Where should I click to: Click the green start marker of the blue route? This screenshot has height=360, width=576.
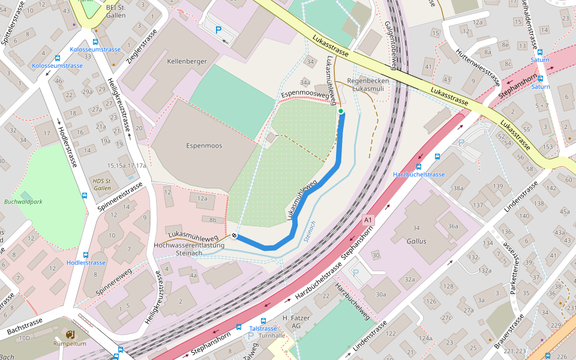tap(341, 111)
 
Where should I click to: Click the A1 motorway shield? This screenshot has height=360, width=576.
tap(368, 221)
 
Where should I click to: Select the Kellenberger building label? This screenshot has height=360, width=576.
tap(187, 61)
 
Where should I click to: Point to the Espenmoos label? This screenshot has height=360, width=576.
tap(204, 146)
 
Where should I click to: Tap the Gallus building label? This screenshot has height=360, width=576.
tap(416, 241)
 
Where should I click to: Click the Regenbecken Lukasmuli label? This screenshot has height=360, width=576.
tap(368, 84)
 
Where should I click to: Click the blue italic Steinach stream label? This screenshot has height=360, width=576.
tap(310, 231)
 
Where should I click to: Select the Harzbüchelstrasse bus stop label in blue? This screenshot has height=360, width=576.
tap(419, 175)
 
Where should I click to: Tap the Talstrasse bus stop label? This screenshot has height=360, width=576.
tap(263, 329)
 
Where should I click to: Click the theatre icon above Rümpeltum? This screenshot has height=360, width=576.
tap(70, 334)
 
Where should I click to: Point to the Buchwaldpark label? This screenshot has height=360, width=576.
tap(23, 202)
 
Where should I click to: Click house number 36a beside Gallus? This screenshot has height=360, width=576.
tap(453, 226)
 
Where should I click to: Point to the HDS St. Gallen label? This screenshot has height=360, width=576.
tap(102, 184)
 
